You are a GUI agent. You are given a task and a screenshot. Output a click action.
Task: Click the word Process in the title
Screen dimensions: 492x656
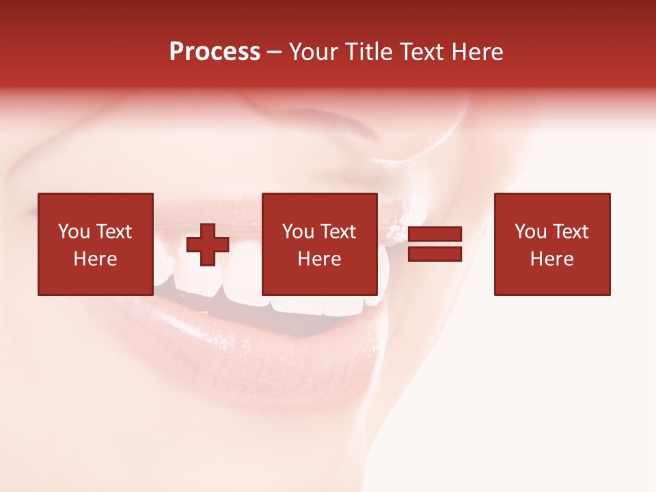point(215,52)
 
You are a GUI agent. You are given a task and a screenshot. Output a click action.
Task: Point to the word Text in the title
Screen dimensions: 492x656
point(422,52)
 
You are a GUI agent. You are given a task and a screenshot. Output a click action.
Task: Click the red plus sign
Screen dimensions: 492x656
point(208,245)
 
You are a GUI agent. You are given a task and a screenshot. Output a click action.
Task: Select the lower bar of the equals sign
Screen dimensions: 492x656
point(435,254)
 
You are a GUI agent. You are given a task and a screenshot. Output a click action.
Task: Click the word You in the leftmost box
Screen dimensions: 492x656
point(74,232)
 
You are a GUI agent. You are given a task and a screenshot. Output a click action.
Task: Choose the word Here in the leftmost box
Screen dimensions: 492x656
point(95,259)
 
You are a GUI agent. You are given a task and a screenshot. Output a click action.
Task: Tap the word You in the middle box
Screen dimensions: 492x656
point(298,232)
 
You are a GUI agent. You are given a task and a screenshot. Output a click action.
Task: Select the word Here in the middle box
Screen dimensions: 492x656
point(319,259)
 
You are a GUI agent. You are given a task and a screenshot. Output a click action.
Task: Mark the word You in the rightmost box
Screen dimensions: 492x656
point(530,232)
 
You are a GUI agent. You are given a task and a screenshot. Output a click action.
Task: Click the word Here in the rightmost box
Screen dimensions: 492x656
point(551,259)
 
